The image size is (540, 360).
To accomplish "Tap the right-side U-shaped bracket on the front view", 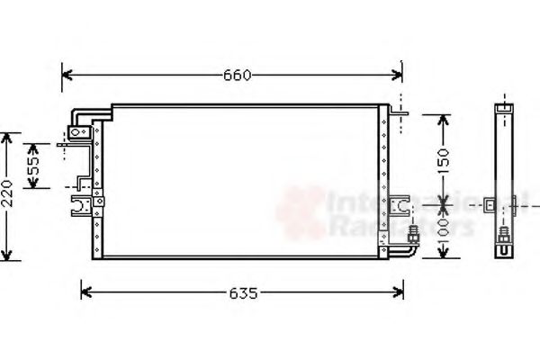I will [399, 204].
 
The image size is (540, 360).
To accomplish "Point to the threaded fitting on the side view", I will [504, 238].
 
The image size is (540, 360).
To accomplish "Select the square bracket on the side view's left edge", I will [487, 205].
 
